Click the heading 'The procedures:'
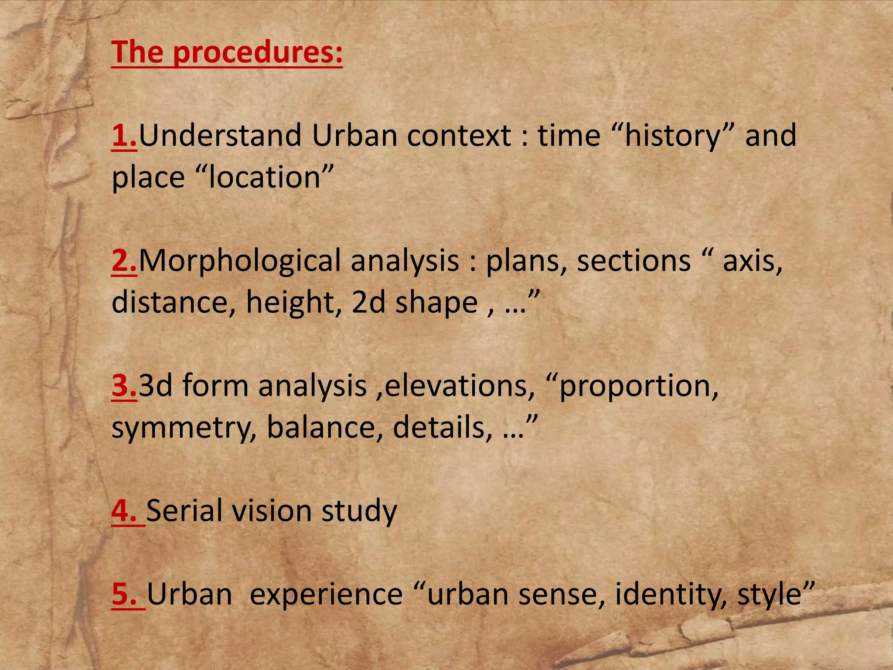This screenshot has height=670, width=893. click(227, 52)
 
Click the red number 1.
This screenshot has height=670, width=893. click(124, 135)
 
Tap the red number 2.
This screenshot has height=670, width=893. click(124, 260)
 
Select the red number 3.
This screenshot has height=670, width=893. click(124, 386)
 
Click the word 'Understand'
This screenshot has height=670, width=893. click(220, 135)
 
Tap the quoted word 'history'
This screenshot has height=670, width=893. click(672, 136)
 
